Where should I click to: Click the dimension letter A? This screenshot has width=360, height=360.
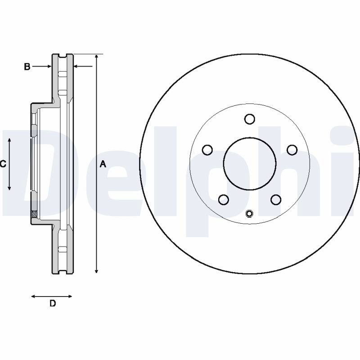coord(103,164)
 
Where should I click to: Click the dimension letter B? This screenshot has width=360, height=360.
coord(27,67)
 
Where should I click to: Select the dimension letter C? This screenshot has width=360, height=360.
coord(3,164)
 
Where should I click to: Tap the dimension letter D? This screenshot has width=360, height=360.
coord(53,303)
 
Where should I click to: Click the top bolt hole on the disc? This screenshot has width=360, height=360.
coord(250,119)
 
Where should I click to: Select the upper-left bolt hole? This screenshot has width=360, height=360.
coord(207,150)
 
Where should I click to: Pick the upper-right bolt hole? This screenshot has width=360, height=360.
coord(292,150)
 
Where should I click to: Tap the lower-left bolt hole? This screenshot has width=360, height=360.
coord(223,199)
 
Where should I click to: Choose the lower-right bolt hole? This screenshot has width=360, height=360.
coord(276,199)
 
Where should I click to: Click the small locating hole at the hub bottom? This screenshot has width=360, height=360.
coord(249,213)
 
